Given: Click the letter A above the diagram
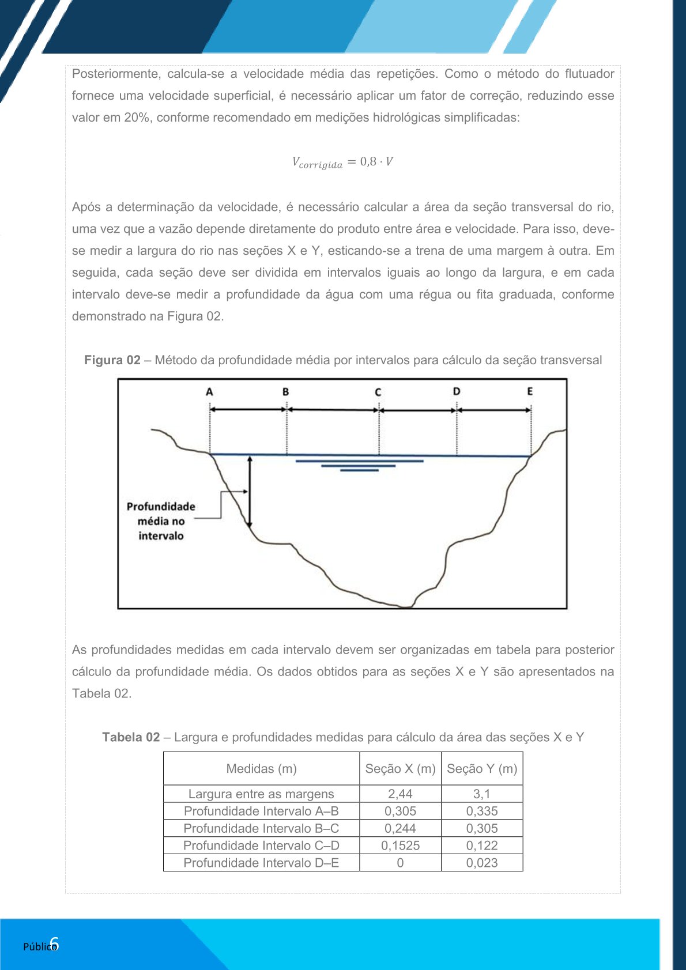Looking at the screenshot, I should click(209, 392).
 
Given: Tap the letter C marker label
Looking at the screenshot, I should click(378, 392).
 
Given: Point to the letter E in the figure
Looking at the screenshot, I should click(530, 391).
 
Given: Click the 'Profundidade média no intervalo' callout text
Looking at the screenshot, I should click(161, 521).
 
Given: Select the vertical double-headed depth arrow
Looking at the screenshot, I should click(250, 491).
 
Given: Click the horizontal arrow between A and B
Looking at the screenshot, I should click(248, 409).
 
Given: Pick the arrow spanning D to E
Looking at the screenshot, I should click(493, 410).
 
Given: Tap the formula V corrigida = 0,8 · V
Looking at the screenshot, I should click(342, 162).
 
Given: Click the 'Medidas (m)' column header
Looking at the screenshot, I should click(261, 768).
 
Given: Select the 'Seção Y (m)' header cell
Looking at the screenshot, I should click(482, 768).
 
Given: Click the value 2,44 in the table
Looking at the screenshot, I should click(400, 794).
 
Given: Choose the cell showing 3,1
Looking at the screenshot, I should click(482, 794).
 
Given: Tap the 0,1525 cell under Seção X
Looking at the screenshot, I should click(400, 846).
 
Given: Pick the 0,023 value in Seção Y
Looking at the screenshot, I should click(482, 863).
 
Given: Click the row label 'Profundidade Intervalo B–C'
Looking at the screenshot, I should click(261, 828).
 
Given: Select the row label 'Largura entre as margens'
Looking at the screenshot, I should click(261, 794).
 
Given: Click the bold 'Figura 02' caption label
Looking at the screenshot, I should click(112, 360).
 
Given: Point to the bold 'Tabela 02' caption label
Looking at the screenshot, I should click(131, 737).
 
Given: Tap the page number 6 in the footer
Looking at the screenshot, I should click(54, 944).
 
